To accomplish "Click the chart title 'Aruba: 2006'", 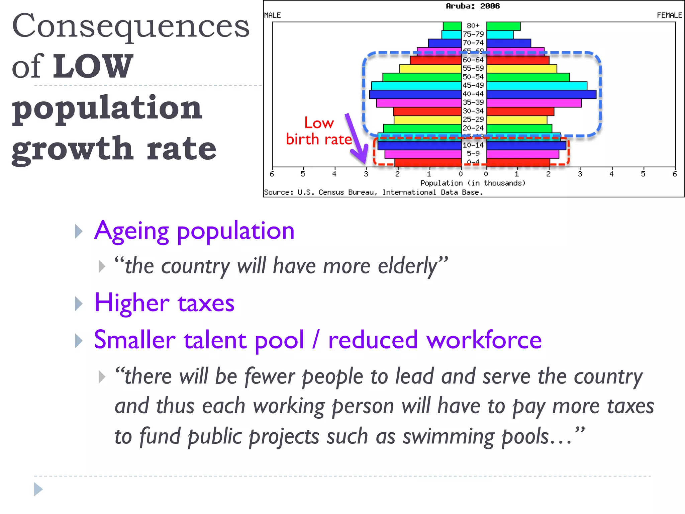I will (473, 6).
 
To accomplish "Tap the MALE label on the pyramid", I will (272, 15).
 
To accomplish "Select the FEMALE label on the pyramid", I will (669, 15).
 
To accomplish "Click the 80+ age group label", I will (473, 26).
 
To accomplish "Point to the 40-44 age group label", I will (473, 94).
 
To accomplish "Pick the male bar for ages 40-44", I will (415, 94).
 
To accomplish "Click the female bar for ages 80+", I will (503, 26).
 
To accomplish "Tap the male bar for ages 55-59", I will (430, 69).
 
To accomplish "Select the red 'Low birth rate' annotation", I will (319, 131).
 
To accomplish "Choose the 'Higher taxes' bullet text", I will (164, 303).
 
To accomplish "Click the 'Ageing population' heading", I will (194, 231).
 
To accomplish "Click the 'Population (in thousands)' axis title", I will (473, 183).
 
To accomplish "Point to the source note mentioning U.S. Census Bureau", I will (373, 192).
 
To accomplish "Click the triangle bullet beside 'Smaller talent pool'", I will (79, 341).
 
